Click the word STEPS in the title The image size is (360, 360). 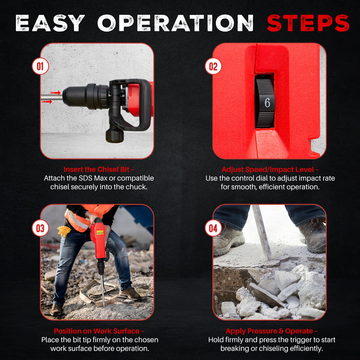click(308, 23)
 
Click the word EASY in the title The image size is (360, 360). click(50, 23)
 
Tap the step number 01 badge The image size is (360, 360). click(40, 66)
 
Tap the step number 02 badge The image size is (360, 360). click(212, 66)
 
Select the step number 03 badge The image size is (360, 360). click(40, 228)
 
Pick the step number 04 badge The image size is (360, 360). click(212, 228)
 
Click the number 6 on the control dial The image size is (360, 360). click(267, 102)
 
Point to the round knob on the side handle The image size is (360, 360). click(114, 135)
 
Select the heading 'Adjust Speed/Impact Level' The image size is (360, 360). click(269, 169)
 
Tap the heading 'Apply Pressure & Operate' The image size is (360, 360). click(269, 331)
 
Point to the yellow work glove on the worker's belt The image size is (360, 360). click(64, 231)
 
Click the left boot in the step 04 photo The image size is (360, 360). click(229, 239)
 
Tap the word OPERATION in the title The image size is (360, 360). click(175, 23)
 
